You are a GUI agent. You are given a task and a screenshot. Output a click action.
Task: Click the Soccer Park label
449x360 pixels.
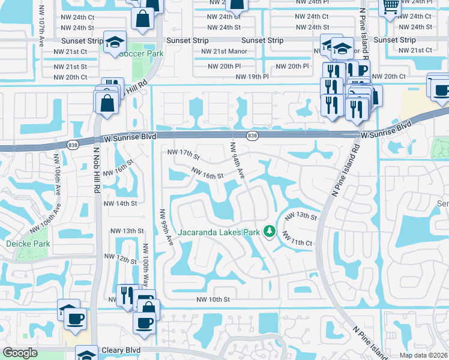[141, 53]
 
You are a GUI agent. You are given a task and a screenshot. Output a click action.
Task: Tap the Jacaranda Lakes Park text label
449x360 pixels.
[218, 232]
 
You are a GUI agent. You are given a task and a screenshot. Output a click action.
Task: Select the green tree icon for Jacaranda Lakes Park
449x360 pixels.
[270, 231]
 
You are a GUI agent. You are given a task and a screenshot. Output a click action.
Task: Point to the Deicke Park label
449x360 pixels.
[28, 244]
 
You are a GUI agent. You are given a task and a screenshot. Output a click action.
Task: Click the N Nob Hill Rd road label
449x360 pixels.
[97, 170]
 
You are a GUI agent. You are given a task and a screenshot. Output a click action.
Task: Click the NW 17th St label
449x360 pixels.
[183, 154]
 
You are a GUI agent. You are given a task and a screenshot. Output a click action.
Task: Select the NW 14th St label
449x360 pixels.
[121, 203]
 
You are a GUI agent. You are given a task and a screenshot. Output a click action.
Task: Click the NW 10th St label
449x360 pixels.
[213, 299]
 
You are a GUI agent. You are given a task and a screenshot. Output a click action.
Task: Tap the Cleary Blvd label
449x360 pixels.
[121, 350]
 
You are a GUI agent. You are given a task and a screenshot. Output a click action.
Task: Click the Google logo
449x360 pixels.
[19, 353]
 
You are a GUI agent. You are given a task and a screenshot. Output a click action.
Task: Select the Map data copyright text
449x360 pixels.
[424, 355]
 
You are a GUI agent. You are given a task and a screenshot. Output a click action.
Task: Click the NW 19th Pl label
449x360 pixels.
[252, 77]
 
